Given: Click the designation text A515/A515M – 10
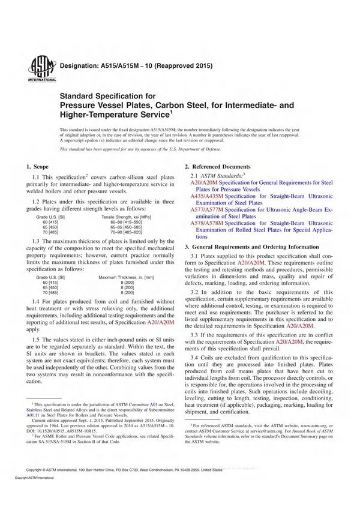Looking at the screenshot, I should (134, 65).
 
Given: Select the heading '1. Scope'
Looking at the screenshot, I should (40, 166).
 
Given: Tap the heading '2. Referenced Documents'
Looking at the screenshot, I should (217, 166).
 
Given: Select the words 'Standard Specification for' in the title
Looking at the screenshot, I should (107, 95).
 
